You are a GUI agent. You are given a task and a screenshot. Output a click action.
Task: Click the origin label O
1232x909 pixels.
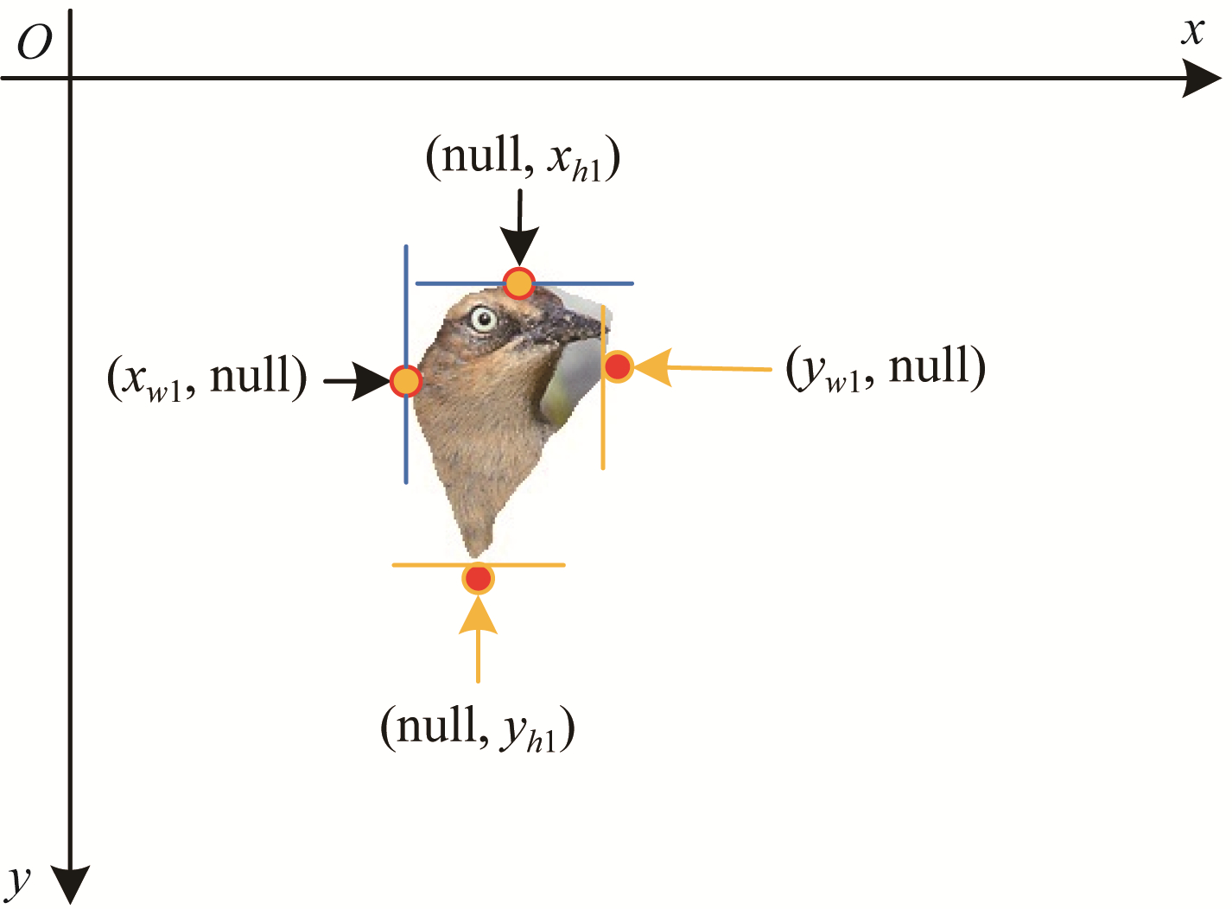point(35,42)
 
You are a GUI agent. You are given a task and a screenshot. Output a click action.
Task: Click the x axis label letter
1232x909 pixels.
point(1192,31)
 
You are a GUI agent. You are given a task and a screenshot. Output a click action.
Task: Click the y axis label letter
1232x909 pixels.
point(19,881)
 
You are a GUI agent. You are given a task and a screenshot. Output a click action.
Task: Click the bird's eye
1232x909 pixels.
point(483,319)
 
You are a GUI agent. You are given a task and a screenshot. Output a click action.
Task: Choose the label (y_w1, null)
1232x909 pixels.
point(886,367)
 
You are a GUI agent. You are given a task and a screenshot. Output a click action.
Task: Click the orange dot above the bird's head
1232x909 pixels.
point(518,283)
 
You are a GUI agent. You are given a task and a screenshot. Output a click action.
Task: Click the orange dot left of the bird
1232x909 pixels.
point(406,381)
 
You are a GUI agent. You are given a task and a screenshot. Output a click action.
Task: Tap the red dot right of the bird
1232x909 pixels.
point(618,366)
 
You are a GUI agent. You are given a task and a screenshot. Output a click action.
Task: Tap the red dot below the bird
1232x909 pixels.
point(479,579)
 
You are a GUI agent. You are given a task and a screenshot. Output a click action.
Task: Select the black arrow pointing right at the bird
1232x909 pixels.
point(358,381)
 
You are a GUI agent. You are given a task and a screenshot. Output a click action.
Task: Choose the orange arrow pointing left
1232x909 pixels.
point(702,368)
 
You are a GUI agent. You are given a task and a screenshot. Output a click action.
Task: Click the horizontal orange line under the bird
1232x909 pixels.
point(479,565)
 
